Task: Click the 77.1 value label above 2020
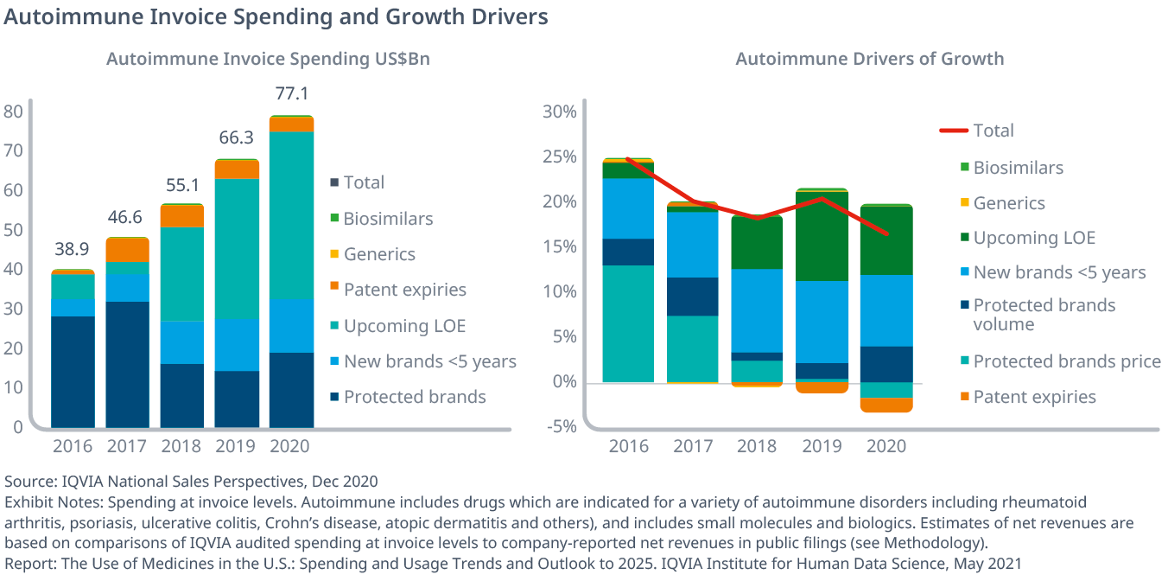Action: (291, 93)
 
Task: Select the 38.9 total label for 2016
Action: (73, 249)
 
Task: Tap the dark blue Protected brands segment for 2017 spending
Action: (127, 363)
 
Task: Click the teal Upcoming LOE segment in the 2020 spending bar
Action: (291, 214)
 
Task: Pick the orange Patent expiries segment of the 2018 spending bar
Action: (182, 216)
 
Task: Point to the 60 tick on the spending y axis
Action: (13, 190)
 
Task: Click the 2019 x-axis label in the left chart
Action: (236, 446)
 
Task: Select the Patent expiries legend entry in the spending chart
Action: (404, 290)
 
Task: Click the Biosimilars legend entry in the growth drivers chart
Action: (1018, 168)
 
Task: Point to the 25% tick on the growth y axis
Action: (558, 157)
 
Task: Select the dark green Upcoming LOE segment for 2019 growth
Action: (822, 236)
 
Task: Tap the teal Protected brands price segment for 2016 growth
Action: (628, 323)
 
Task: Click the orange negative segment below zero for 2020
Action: (886, 405)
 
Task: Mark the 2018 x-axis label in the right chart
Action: (757, 446)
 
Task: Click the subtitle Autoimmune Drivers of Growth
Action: (869, 59)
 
